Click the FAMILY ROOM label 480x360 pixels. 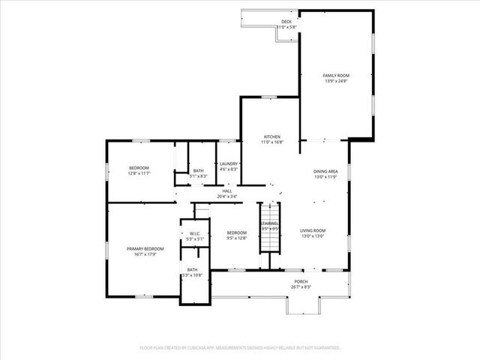click(336, 76)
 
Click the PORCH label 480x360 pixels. click(301, 282)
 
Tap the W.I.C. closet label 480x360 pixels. click(193, 234)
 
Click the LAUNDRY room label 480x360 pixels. click(229, 164)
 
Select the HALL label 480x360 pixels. click(226, 191)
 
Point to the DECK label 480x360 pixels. click(286, 22)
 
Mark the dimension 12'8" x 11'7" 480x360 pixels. click(139, 173)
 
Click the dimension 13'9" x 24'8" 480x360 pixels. click(336, 81)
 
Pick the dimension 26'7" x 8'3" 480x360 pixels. click(301, 287)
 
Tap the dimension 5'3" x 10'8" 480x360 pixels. click(193, 275)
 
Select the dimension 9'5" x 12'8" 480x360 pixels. click(237, 238)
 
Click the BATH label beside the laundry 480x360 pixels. click(198, 170)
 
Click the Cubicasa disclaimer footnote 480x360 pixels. click(240, 348)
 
